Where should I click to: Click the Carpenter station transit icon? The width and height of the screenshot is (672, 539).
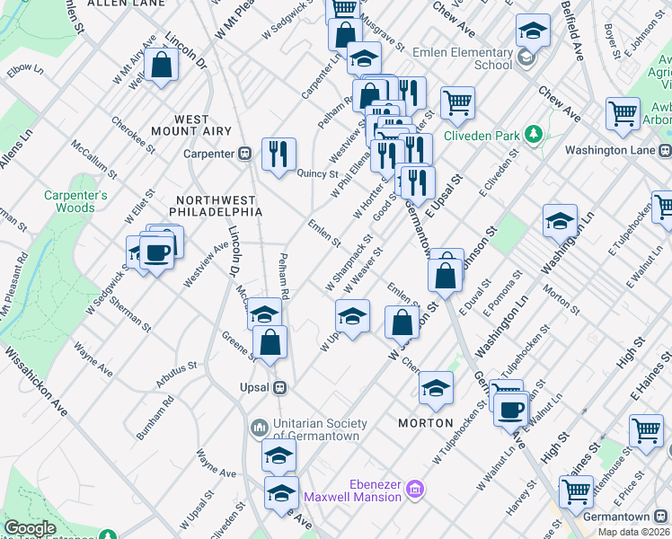243,154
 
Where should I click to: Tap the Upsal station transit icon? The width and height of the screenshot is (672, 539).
280,387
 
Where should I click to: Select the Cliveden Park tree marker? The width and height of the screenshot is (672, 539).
534,135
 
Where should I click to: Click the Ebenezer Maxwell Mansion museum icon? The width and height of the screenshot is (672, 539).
415,490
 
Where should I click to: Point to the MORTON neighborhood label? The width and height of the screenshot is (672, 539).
426,422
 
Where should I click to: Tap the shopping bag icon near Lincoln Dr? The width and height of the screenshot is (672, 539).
161,65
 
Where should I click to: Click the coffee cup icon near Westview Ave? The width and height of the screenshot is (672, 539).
156,253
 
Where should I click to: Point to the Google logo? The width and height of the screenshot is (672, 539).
30,528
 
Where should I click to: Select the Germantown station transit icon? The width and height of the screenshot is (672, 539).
662,517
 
